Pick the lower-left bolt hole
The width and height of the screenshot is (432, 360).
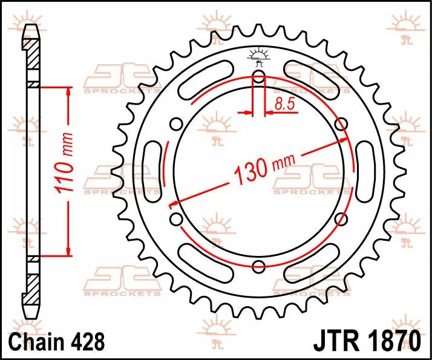177,218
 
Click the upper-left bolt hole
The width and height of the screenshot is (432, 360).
177,125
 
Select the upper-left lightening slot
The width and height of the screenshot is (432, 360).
206,80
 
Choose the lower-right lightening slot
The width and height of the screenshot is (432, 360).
312,263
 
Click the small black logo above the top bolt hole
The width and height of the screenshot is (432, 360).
258,57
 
